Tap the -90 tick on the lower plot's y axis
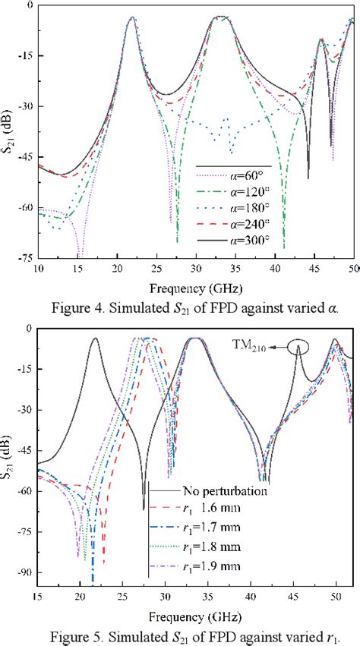point(23,573)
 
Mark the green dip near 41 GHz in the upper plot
point(284,244)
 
